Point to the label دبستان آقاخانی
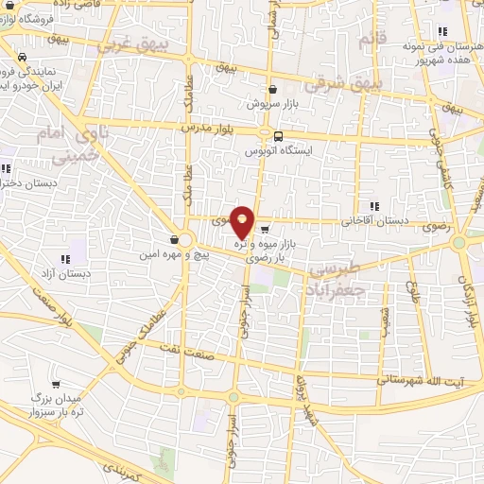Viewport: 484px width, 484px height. (x=377, y=219)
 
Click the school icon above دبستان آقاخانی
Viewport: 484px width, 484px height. (x=375, y=205)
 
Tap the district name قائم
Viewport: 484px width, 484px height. (x=368, y=40)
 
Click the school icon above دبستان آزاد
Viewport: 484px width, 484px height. (x=64, y=258)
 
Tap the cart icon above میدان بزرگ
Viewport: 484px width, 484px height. (x=56, y=384)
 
